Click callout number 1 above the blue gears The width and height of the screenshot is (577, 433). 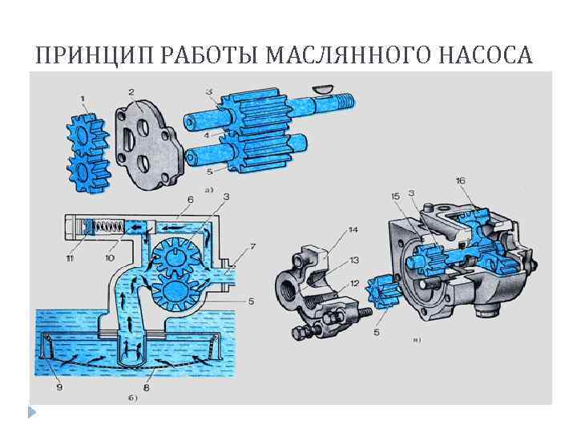(x=83, y=99)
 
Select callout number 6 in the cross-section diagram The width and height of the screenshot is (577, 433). (x=190, y=199)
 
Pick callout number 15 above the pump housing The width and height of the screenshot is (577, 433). (x=396, y=196)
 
